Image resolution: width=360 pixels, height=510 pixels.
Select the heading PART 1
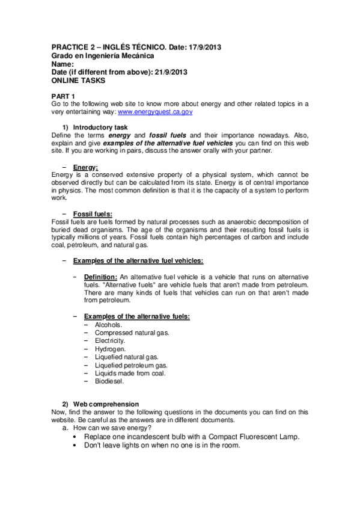point(63,96)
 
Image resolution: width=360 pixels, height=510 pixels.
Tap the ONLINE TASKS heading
point(78,80)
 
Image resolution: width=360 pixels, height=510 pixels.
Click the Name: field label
point(63,64)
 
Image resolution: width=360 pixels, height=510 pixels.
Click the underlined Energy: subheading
point(85,167)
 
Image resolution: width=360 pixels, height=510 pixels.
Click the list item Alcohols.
point(108,324)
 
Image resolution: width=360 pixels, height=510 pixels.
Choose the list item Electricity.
point(110,340)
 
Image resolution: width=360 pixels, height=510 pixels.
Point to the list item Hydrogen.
point(110,348)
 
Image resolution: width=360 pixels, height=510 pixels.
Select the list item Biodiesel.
point(109,381)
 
